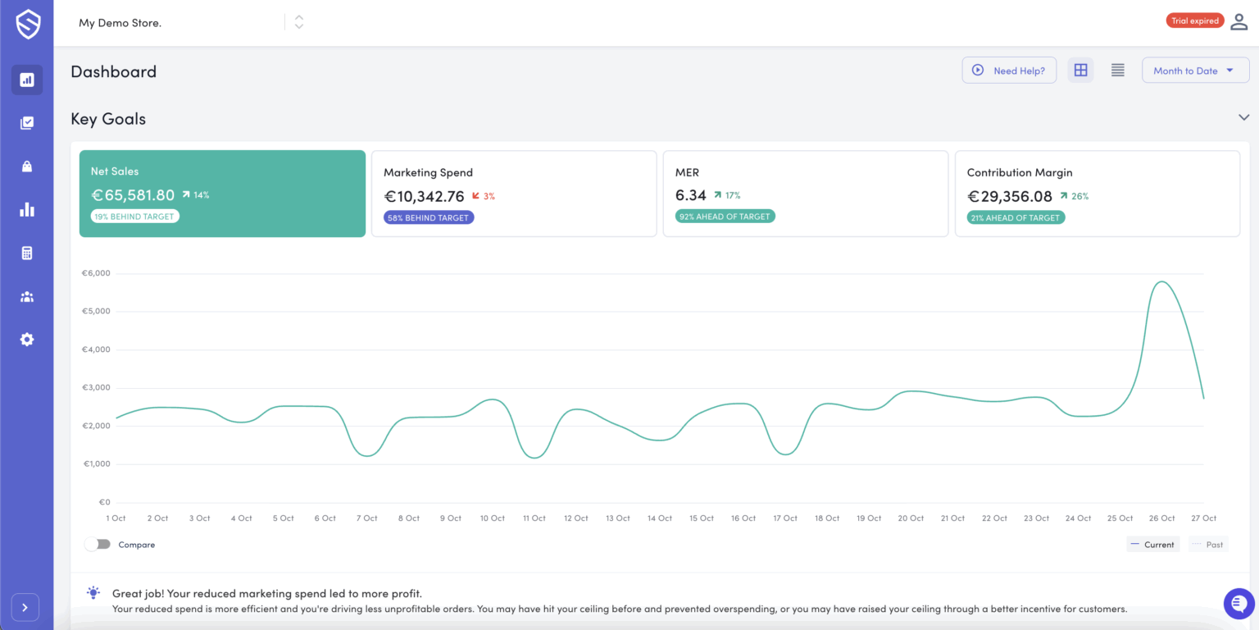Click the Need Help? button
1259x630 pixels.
tap(1009, 71)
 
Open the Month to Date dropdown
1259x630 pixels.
tap(1194, 71)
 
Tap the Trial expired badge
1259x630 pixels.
tap(1194, 21)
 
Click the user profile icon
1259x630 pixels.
tap(1239, 22)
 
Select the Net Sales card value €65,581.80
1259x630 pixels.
tap(133, 195)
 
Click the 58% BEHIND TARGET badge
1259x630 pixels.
tap(429, 217)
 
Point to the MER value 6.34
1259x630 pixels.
tap(690, 195)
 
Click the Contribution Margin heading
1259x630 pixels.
tap(1020, 172)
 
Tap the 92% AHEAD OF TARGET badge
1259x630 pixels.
tap(725, 217)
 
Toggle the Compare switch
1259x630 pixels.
tap(98, 545)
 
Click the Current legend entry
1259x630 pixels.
tap(1152, 545)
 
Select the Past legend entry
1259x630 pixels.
tap(1208, 545)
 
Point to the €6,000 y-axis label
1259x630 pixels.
tap(96, 273)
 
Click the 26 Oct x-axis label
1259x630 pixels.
tap(1161, 518)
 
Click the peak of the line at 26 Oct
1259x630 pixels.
tap(1161, 282)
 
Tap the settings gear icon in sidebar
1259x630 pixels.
tap(27, 339)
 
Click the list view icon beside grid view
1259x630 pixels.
tap(1117, 71)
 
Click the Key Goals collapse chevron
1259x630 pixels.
tap(1243, 118)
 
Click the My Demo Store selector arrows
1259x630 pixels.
tap(299, 22)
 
